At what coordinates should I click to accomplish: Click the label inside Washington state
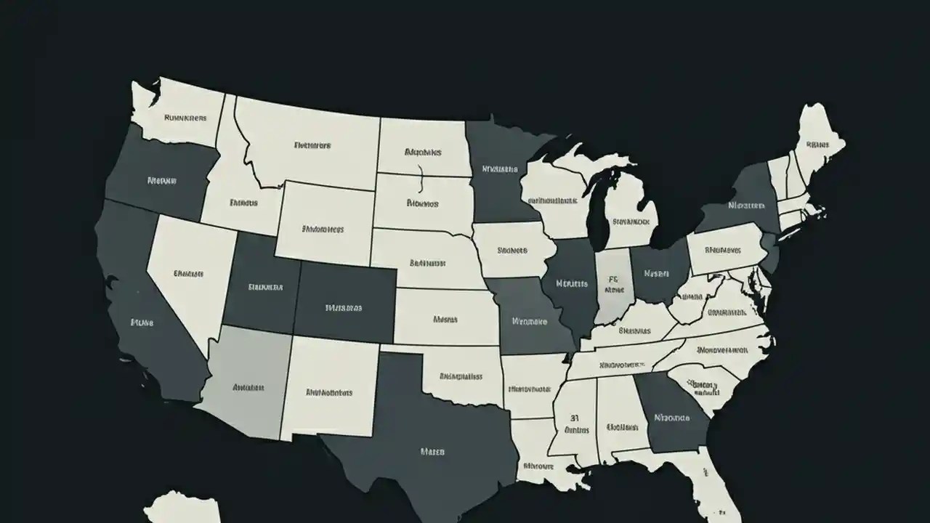coord(185,117)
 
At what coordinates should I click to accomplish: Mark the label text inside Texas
coord(432,451)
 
